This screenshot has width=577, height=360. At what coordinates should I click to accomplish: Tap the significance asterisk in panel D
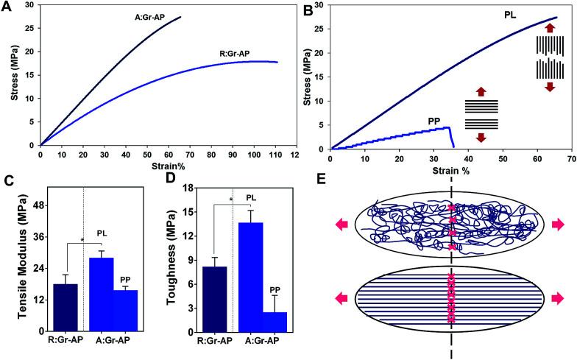[x=230, y=200]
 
